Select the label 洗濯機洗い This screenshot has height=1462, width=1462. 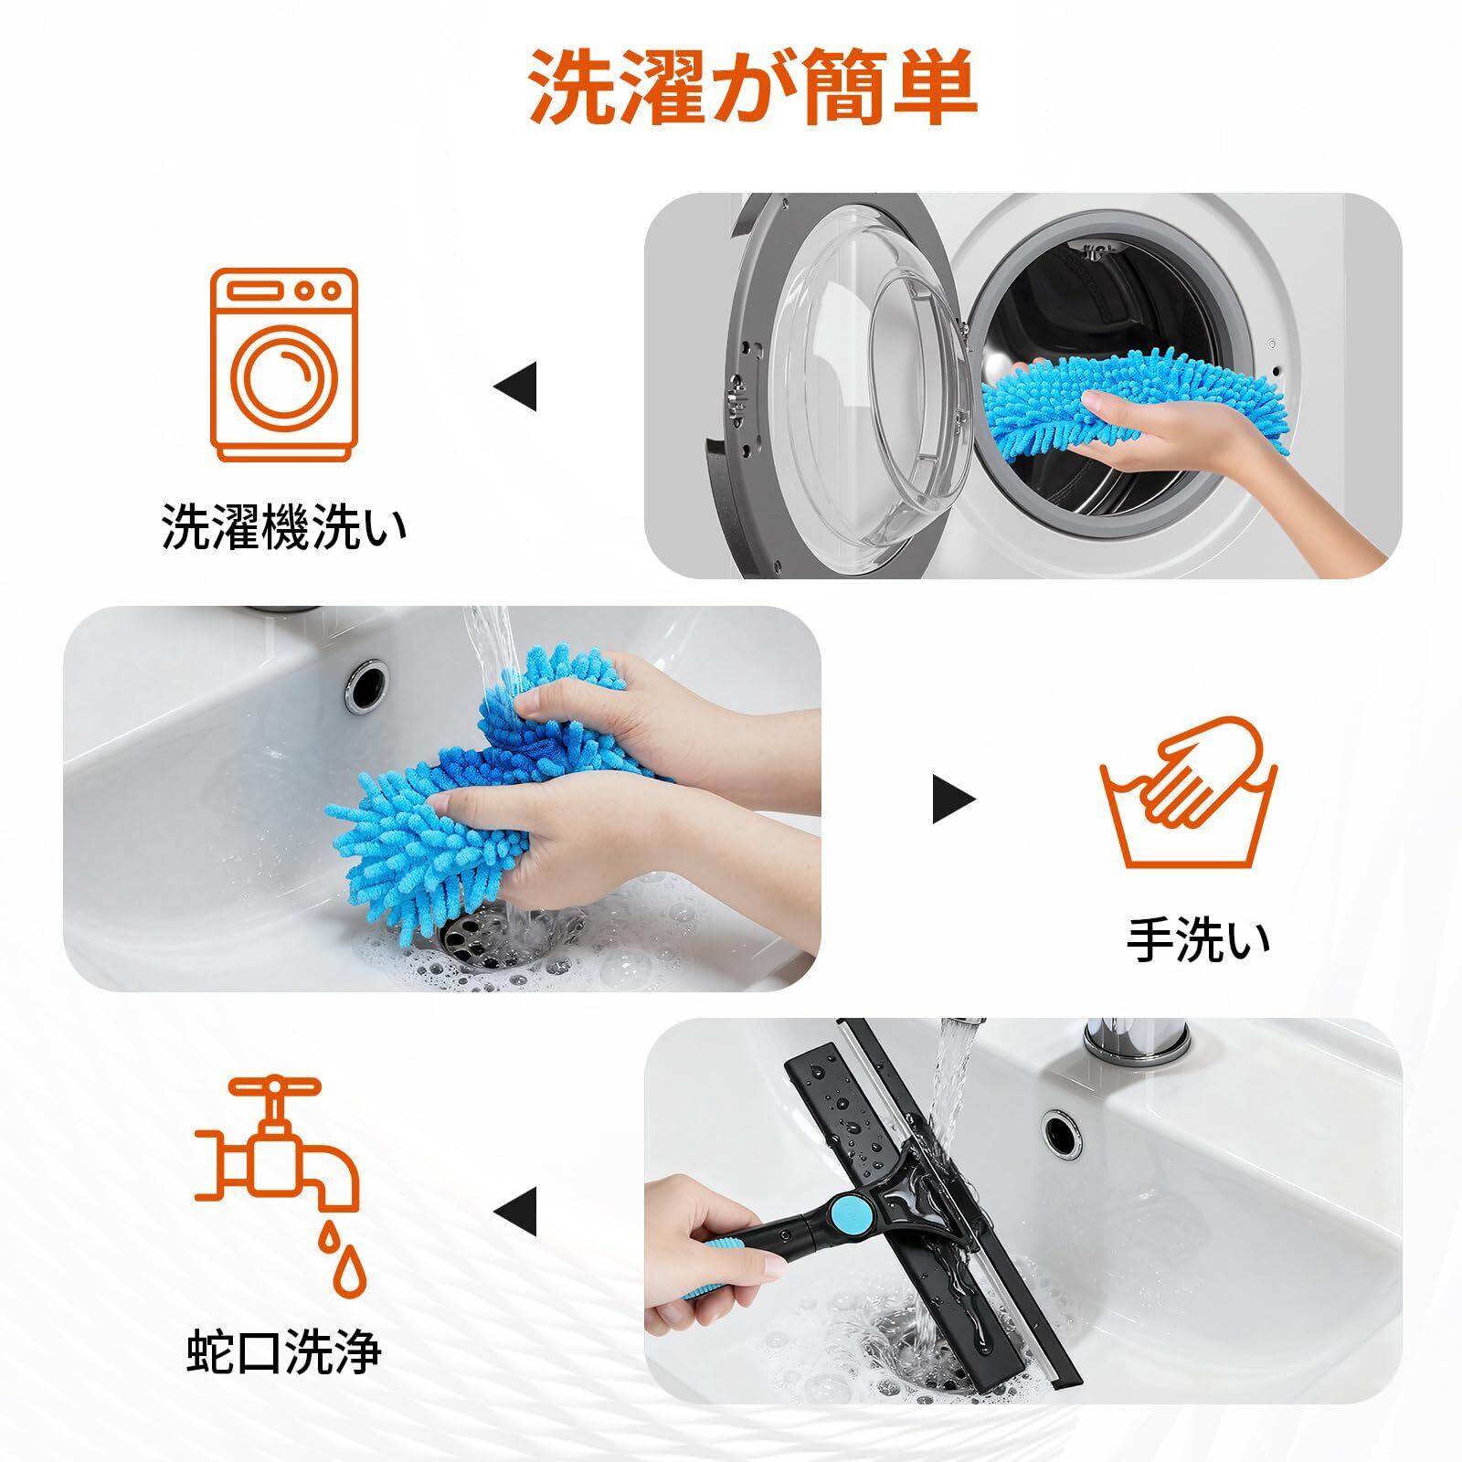(284, 528)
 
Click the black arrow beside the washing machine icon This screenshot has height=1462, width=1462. (515, 387)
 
